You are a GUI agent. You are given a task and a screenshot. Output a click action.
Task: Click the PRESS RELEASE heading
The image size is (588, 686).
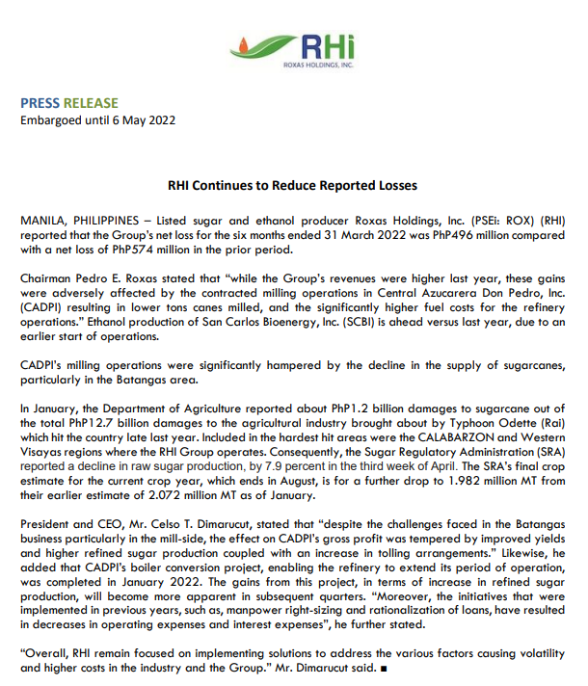coord(69,103)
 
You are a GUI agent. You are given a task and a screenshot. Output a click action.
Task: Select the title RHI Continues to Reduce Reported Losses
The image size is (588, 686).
coord(293,186)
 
